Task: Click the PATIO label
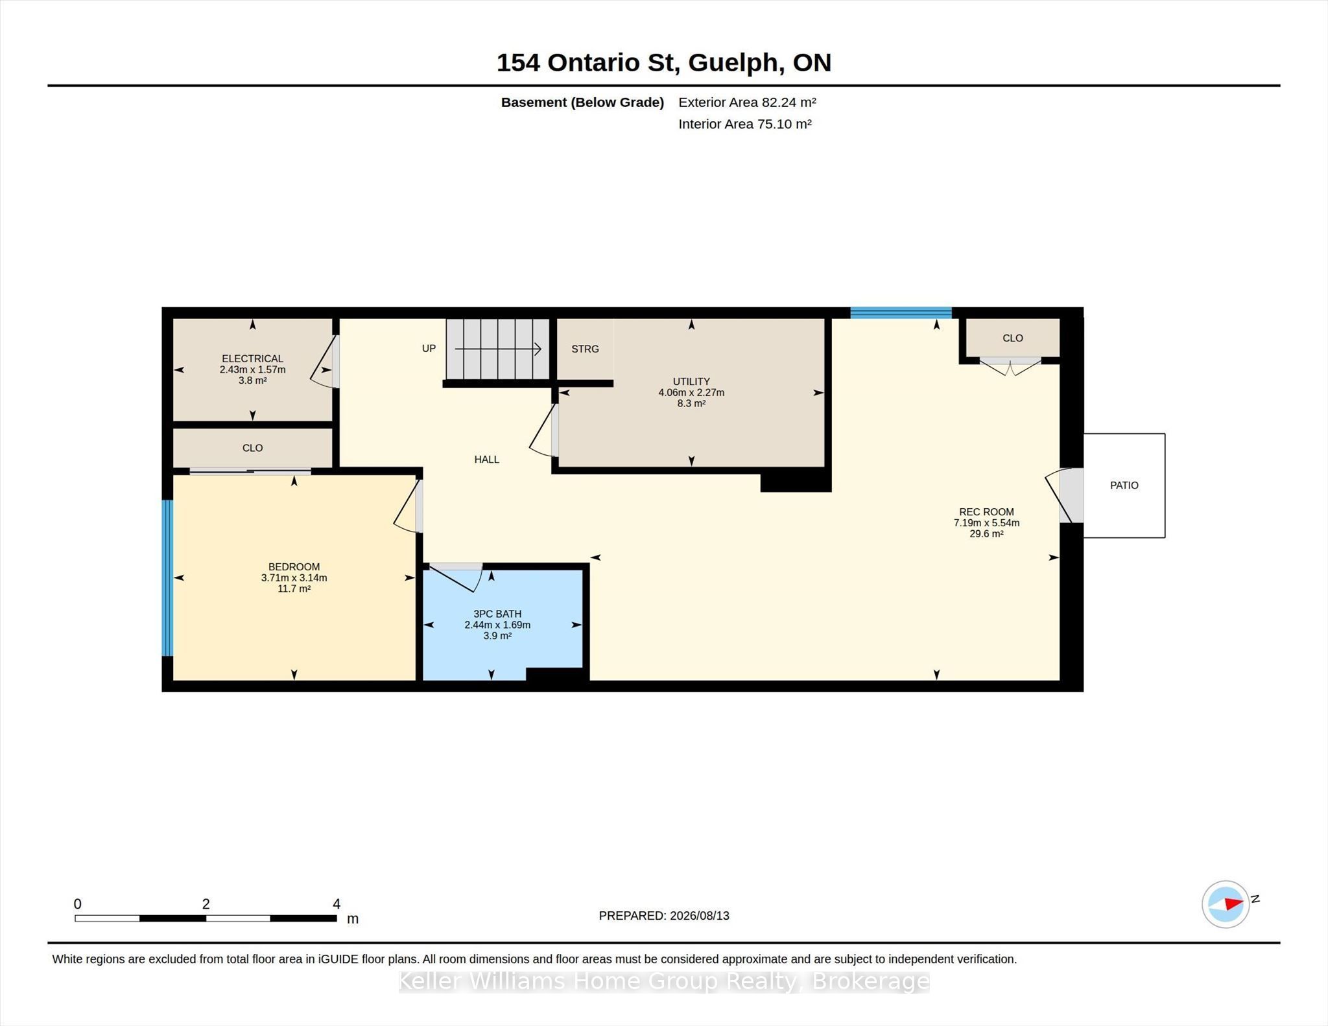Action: click(x=1124, y=485)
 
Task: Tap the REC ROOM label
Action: click(x=986, y=512)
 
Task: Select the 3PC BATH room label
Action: click(x=497, y=614)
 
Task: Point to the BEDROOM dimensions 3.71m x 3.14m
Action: click(x=294, y=577)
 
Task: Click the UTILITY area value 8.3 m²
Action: click(x=691, y=403)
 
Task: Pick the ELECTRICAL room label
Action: click(x=252, y=358)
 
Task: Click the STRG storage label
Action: click(x=585, y=349)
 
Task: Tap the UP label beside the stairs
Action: click(x=429, y=348)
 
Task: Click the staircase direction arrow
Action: click(x=498, y=349)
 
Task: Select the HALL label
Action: click(x=486, y=460)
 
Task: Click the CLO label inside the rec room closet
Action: click(x=1012, y=338)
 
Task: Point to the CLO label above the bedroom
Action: click(x=252, y=448)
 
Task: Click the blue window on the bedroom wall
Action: click(x=167, y=577)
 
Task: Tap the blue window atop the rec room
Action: click(x=901, y=312)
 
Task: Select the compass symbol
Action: click(x=1226, y=904)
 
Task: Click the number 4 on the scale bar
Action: click(x=337, y=904)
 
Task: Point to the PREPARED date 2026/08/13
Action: click(x=699, y=916)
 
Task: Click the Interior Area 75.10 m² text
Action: click(x=745, y=124)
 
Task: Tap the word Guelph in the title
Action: click(x=733, y=63)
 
